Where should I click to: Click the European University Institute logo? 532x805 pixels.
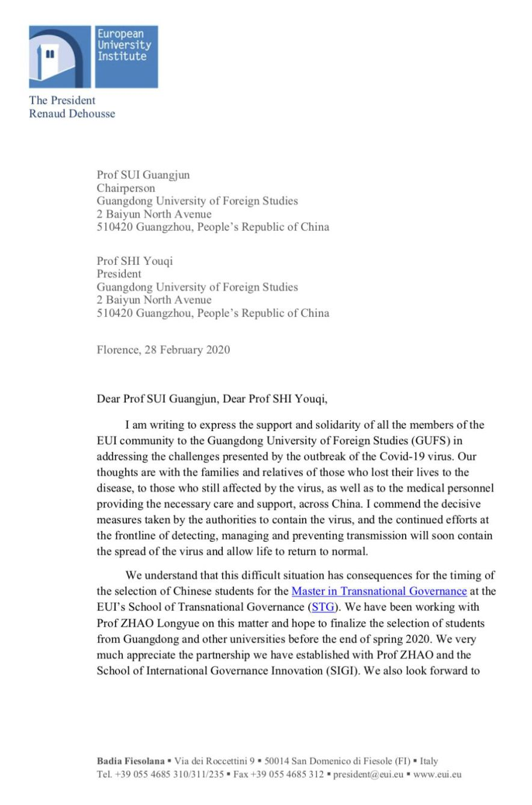pyautogui.click(x=93, y=57)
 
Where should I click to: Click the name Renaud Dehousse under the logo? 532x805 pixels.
pyautogui.click(x=72, y=113)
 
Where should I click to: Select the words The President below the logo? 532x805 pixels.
pyautogui.click(x=62, y=100)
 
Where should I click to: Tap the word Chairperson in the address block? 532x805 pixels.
pyautogui.click(x=126, y=188)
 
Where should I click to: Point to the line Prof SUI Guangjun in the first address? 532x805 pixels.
pyautogui.click(x=143, y=175)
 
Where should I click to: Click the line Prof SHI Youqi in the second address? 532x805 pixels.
pyautogui.click(x=135, y=261)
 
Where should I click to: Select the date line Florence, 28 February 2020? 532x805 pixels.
pyautogui.click(x=163, y=350)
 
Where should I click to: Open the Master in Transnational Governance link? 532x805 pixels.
pyautogui.click(x=379, y=591)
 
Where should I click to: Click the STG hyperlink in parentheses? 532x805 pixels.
pyautogui.click(x=323, y=607)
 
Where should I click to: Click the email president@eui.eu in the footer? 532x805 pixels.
pyautogui.click(x=368, y=774)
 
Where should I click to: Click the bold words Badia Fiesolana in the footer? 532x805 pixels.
pyautogui.click(x=131, y=761)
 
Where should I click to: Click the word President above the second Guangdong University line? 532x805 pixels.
pyautogui.click(x=119, y=273)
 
